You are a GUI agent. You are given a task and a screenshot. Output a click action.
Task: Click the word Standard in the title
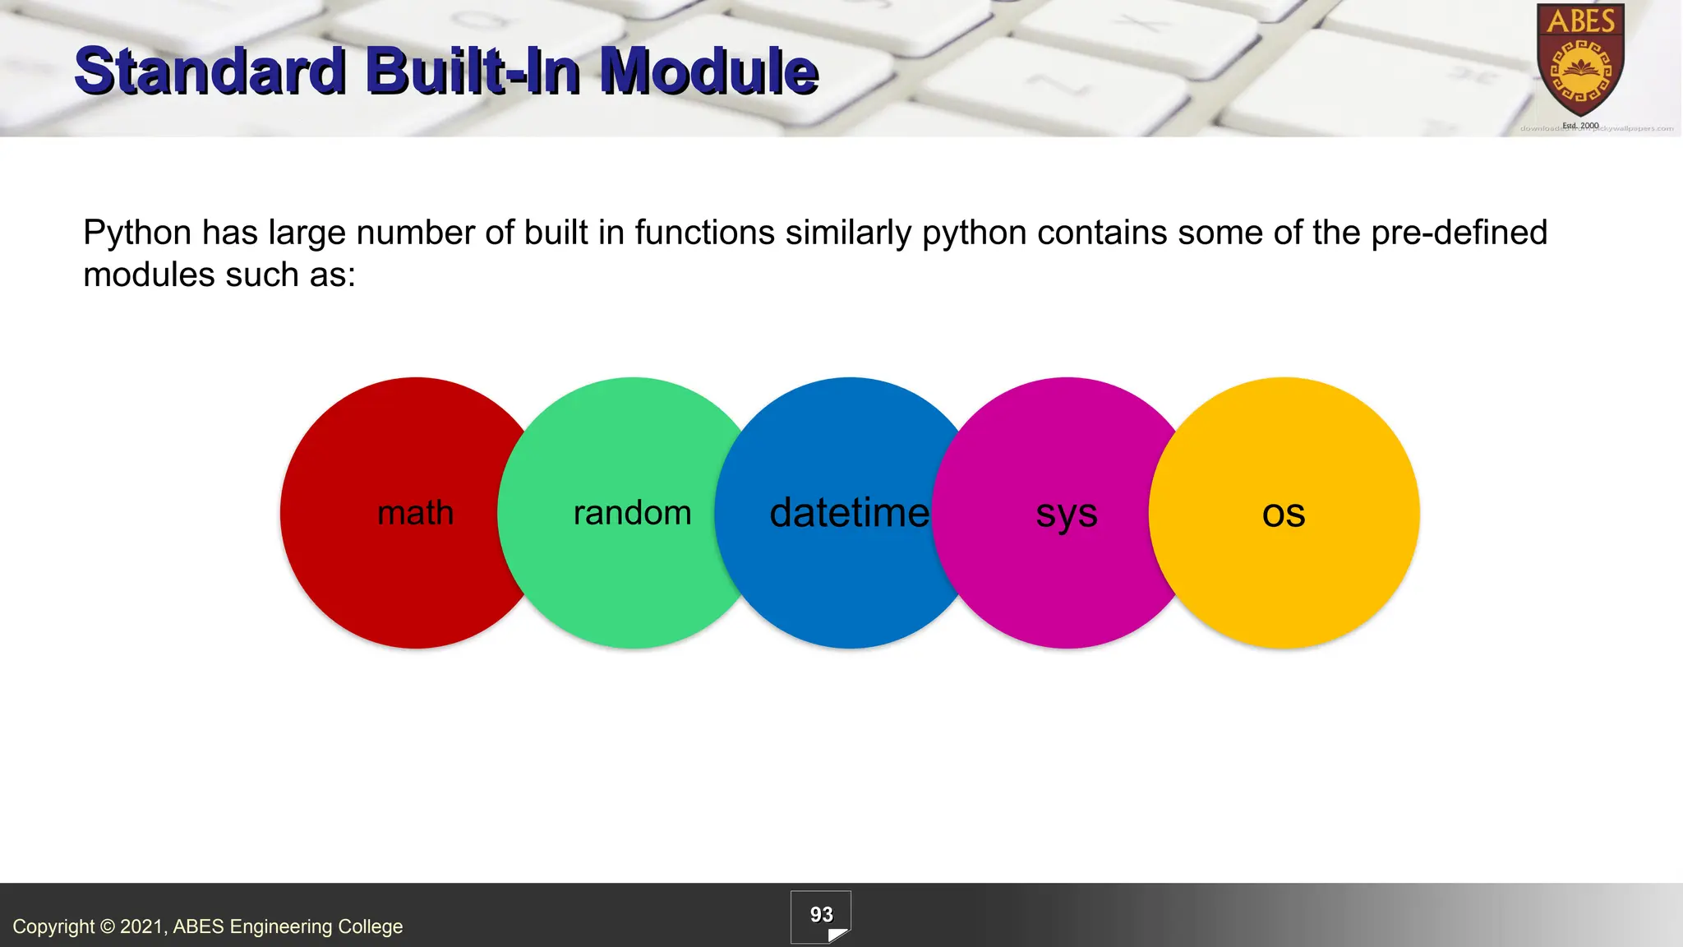(x=210, y=71)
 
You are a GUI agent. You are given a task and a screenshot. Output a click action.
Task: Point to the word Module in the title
(x=708, y=71)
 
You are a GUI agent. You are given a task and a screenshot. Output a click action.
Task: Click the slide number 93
(x=821, y=915)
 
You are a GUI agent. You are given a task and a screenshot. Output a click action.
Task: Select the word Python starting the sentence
(x=137, y=233)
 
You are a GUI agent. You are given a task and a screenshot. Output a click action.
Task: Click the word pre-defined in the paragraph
(x=1459, y=233)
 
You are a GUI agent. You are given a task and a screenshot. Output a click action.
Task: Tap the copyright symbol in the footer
(x=108, y=927)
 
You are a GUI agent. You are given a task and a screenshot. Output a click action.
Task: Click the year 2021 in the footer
(x=143, y=927)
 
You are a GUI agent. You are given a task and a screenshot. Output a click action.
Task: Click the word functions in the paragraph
(x=704, y=233)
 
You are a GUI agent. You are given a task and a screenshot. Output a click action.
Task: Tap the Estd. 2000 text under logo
(x=1580, y=126)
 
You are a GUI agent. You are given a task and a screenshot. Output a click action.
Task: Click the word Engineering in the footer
(x=280, y=927)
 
